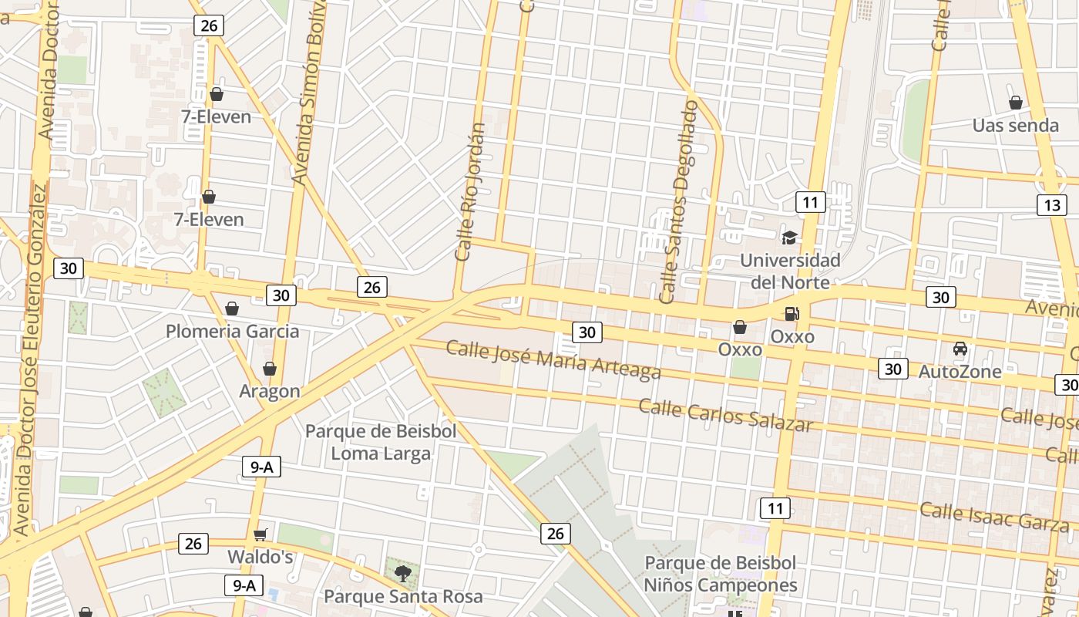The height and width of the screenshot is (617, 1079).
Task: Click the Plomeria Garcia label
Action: tap(232, 332)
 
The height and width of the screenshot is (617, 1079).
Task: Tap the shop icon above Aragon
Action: tap(269, 369)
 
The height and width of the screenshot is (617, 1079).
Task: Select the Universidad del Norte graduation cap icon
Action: tap(789, 238)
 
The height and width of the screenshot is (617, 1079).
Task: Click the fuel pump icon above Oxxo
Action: tap(792, 314)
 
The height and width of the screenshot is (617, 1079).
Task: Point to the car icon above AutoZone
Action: tap(960, 349)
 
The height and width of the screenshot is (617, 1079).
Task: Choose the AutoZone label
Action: tap(960, 372)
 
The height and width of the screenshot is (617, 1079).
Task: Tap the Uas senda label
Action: tap(1015, 125)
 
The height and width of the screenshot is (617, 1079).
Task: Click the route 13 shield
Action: tap(1051, 205)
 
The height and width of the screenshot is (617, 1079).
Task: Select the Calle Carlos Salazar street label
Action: tap(725, 415)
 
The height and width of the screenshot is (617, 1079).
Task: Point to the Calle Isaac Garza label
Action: tap(994, 515)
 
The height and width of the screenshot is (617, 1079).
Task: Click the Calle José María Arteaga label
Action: tap(553, 360)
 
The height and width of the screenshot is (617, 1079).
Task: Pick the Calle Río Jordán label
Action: tap(470, 191)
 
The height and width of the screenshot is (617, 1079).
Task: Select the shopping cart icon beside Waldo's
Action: tap(261, 534)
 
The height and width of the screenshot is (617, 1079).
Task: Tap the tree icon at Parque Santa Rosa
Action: tap(402, 573)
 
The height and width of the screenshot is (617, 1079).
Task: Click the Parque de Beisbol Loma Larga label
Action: tap(381, 442)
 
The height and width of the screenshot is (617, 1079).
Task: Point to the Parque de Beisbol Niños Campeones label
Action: tap(720, 574)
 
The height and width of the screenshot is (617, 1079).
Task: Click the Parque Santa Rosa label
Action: tap(403, 596)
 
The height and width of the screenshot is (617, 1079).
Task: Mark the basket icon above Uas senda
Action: tap(1015, 103)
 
